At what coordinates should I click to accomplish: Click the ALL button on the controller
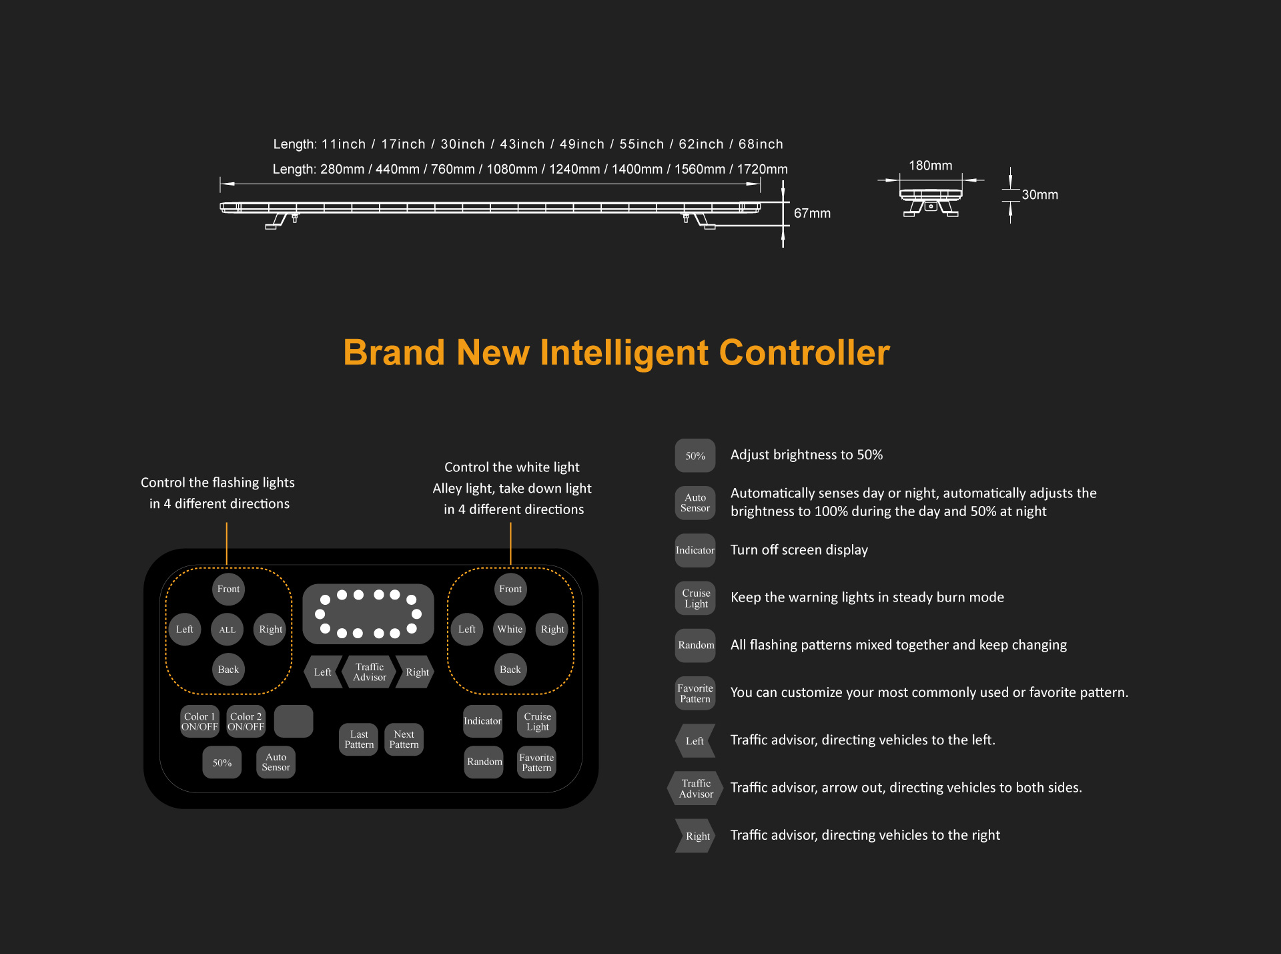coord(228,630)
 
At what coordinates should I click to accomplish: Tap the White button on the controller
coord(510,630)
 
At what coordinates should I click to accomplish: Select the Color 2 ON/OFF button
coord(246,722)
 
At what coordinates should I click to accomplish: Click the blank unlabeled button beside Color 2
coord(294,722)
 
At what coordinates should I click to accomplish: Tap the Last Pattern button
coord(359,740)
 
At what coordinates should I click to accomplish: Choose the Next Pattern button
coord(404,740)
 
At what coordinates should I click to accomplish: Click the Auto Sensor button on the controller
coord(276,762)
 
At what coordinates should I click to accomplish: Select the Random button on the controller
coord(484,762)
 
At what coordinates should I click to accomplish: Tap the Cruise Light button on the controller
coord(537,722)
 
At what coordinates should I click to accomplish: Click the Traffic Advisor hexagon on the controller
coord(370,672)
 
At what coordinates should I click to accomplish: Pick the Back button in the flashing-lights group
coord(228,670)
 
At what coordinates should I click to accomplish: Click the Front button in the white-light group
coord(510,589)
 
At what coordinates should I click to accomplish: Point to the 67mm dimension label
coord(812,214)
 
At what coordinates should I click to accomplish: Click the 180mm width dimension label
coord(931,166)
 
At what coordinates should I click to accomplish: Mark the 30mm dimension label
coord(1040,195)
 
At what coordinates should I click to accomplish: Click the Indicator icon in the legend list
coord(695,551)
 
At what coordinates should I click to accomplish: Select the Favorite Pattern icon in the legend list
coord(695,694)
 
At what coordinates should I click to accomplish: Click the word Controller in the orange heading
coord(805,352)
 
